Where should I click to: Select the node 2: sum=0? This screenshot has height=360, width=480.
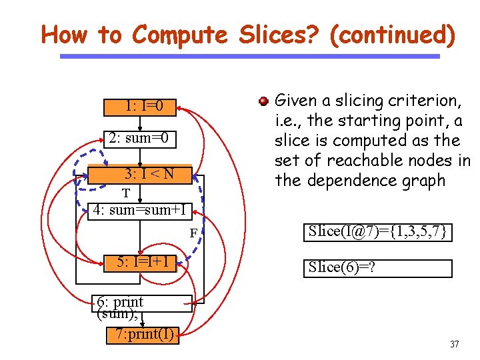click(142, 139)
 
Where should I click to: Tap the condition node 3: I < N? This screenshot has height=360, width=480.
click(148, 175)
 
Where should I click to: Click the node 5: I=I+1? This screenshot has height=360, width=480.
click(141, 262)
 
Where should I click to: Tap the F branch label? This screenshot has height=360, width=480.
click(193, 233)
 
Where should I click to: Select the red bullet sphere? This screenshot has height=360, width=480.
click(264, 101)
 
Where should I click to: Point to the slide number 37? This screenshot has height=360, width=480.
click(455, 345)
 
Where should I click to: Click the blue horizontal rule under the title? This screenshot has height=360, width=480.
click(250, 57)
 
